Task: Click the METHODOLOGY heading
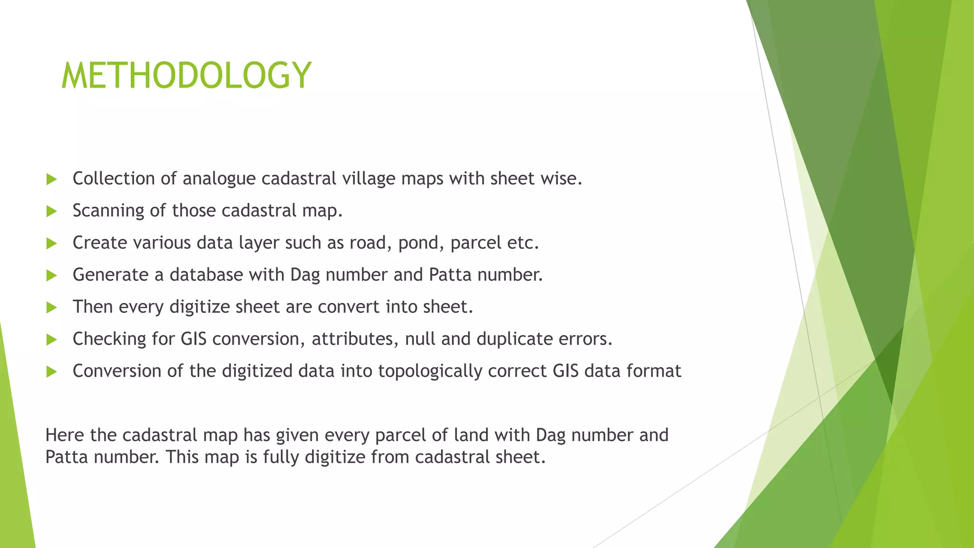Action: pyautogui.click(x=186, y=75)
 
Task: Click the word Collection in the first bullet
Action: pyautogui.click(x=114, y=178)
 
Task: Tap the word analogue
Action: pyautogui.click(x=219, y=179)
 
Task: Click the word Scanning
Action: pyautogui.click(x=108, y=211)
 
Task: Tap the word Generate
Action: pyautogui.click(x=110, y=275)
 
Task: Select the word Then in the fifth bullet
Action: pyautogui.click(x=92, y=307)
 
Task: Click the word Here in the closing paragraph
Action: pyautogui.click(x=65, y=435)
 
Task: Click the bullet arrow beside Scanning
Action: pyautogui.click(x=51, y=211)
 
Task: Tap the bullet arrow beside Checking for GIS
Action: pyautogui.click(x=51, y=339)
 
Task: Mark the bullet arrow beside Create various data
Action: pyautogui.click(x=51, y=243)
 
